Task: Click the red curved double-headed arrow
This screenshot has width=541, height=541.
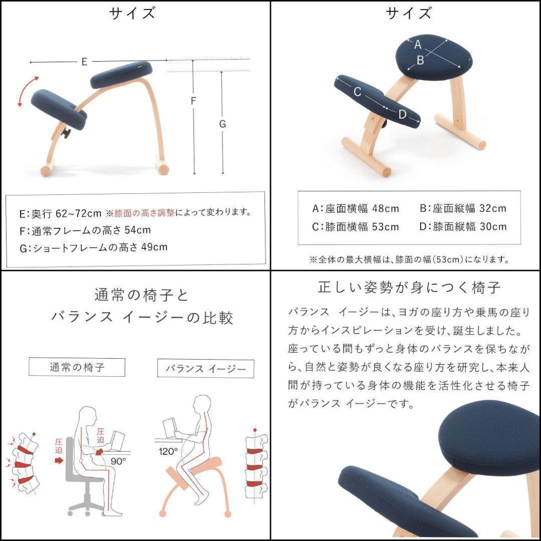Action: click(26, 90)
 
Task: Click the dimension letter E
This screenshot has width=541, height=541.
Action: click(84, 62)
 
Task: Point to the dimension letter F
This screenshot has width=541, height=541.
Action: click(193, 101)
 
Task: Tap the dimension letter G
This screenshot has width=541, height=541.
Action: click(222, 124)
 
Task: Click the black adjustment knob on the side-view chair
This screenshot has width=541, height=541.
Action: click(65, 133)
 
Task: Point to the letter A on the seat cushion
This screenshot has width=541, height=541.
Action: click(418, 45)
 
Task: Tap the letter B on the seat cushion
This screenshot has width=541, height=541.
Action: click(420, 61)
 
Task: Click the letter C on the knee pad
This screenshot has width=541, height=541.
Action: click(358, 92)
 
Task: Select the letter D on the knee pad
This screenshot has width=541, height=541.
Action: click(402, 114)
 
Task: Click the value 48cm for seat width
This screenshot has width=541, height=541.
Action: click(385, 208)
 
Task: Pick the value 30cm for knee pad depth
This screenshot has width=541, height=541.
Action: click(493, 227)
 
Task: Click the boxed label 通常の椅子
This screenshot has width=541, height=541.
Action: click(77, 367)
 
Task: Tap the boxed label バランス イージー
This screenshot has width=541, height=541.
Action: click(206, 369)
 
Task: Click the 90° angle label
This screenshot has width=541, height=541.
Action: click(118, 461)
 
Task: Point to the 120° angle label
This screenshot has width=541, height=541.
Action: click(168, 451)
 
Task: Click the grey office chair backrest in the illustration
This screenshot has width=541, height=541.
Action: click(70, 457)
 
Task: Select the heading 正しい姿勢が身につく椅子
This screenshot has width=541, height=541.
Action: click(409, 288)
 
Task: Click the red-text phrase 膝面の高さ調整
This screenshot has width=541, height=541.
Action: click(145, 213)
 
